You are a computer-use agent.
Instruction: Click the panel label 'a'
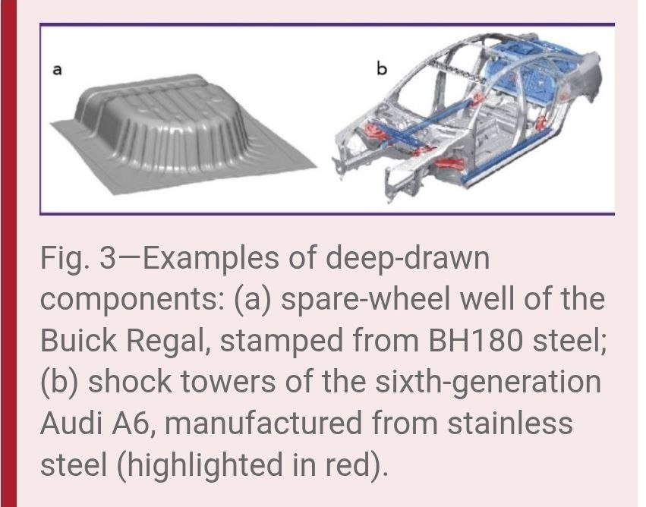pos(57,70)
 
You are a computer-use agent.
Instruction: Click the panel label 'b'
pos(382,68)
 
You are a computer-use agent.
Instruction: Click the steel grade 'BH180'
pos(476,341)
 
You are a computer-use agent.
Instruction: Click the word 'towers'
pos(228,383)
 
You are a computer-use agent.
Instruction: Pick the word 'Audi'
pos(71,423)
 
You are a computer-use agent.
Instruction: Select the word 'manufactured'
pos(263,423)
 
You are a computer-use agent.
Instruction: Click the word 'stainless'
pos(510,423)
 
